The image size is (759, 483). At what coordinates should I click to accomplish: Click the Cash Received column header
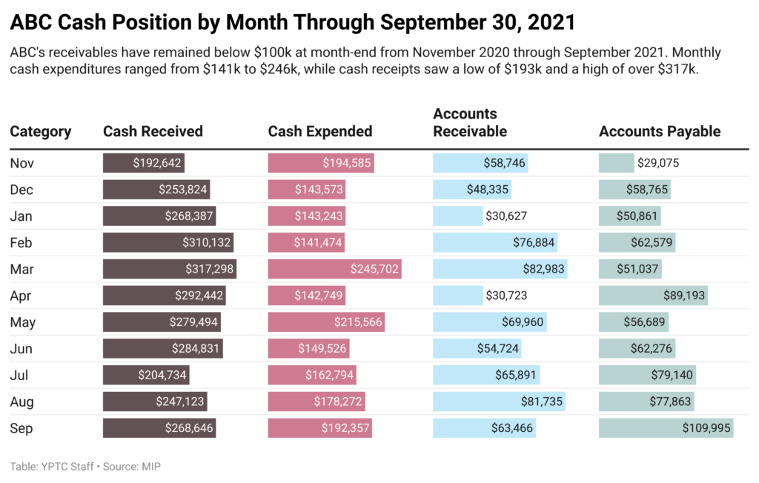point(153,132)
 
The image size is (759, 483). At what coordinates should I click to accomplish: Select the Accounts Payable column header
point(660,132)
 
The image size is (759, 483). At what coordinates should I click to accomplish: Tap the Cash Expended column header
point(320,132)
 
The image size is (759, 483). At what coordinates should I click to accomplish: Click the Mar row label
point(21,269)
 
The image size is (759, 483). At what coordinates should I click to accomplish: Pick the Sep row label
point(21,428)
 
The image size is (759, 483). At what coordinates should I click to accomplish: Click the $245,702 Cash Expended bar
point(334,269)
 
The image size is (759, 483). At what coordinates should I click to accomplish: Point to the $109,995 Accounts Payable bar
point(666,428)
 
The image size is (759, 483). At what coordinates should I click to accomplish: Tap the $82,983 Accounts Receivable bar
point(500,269)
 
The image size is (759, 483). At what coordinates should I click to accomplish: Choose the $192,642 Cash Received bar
point(143,163)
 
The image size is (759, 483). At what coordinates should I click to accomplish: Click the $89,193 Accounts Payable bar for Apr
point(653,296)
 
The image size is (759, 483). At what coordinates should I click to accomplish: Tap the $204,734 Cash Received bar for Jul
point(146,375)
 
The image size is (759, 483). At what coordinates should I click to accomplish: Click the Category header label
point(41,132)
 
